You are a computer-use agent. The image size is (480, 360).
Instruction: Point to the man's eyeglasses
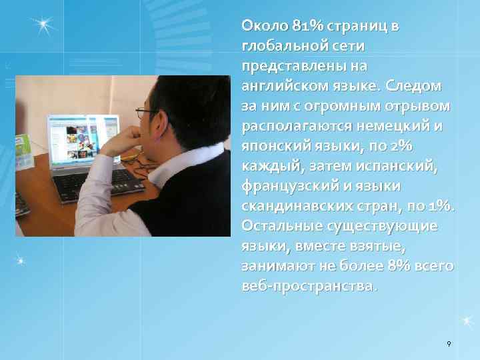(x=144, y=113)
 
